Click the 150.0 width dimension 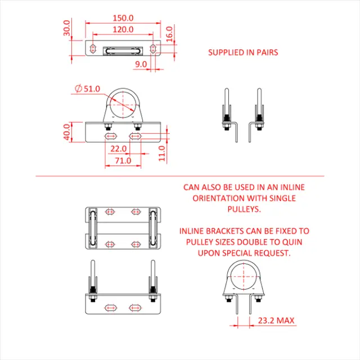[123, 17]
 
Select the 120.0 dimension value [123, 29]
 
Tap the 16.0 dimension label [169, 33]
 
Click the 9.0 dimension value [141, 65]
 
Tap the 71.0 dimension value [123, 160]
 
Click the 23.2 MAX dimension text [276, 321]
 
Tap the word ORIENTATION [219, 198]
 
